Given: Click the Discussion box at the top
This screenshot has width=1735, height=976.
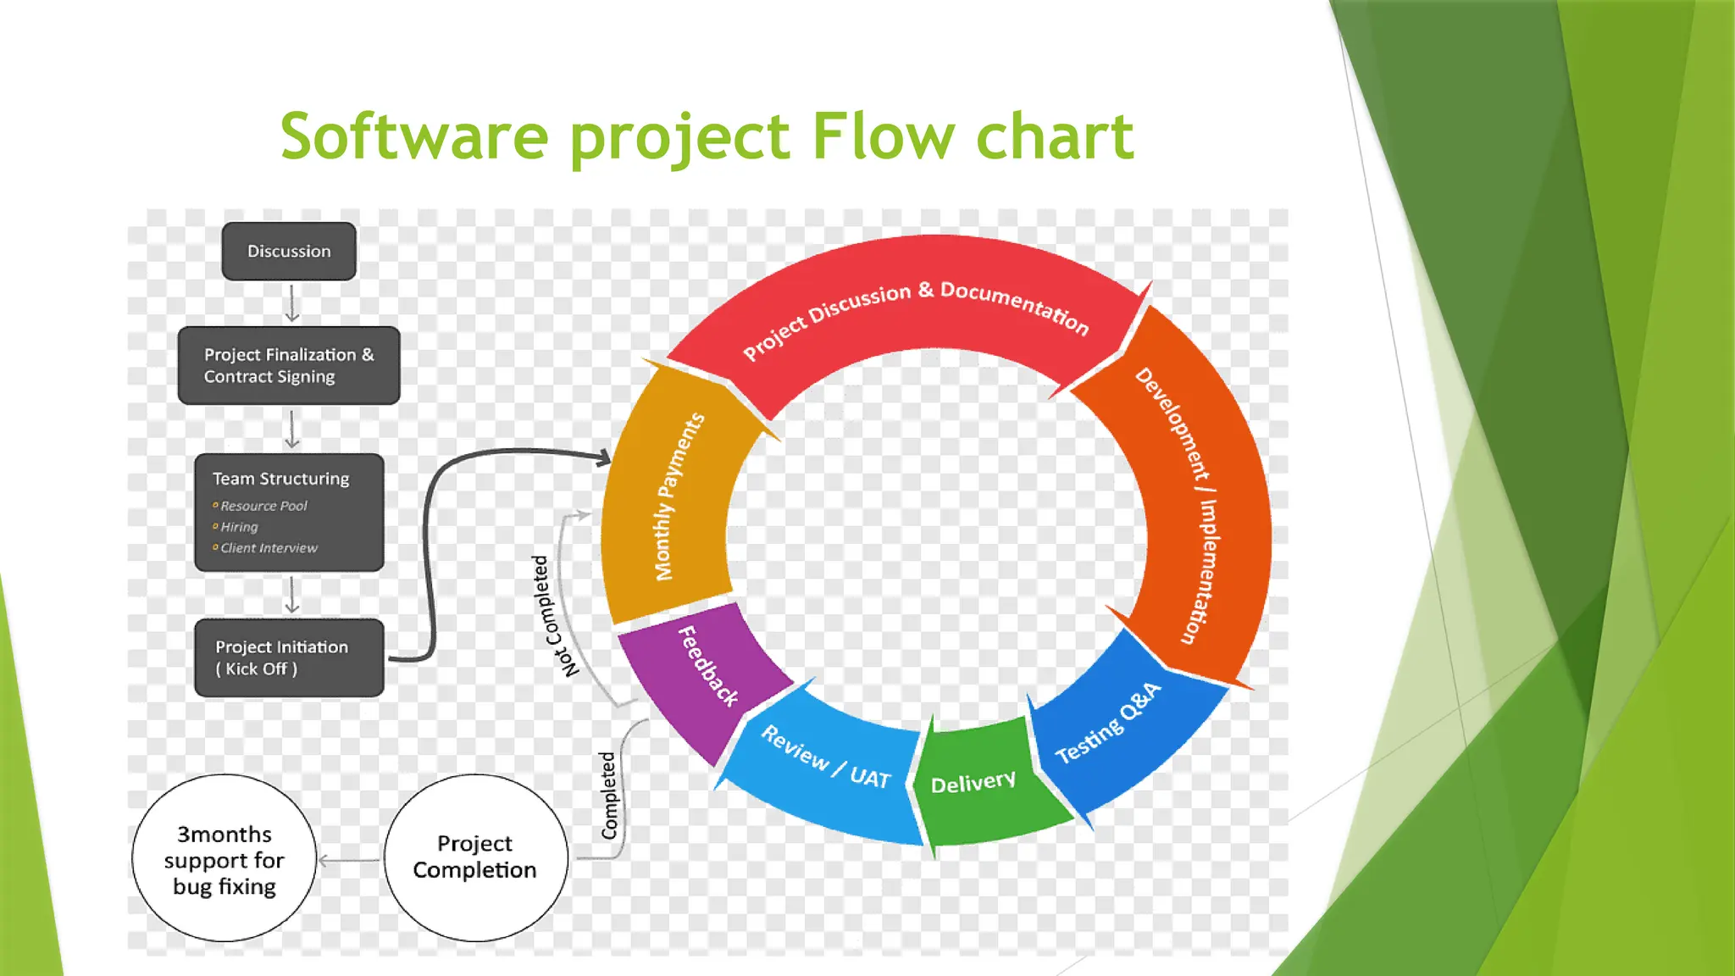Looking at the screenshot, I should pyautogui.click(x=289, y=252).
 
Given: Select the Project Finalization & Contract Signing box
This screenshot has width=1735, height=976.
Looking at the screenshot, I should pyautogui.click(x=289, y=365).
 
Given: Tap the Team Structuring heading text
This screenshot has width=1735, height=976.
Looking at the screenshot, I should pyautogui.click(x=280, y=479).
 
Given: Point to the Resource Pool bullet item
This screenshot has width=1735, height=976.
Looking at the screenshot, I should pyautogui.click(x=263, y=506).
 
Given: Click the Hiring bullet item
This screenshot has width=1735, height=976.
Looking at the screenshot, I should pyautogui.click(x=239, y=527).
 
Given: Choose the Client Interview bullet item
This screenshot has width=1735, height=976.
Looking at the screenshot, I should pyautogui.click(x=269, y=548).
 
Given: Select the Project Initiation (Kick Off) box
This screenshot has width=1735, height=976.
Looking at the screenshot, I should pyautogui.click(x=289, y=657).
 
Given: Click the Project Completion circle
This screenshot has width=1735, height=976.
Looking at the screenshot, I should pyautogui.click(x=475, y=857).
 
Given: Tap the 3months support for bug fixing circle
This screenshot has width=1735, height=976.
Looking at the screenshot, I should pyautogui.click(x=224, y=859).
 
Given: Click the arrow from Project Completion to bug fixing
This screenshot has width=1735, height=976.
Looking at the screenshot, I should pyautogui.click(x=349, y=861).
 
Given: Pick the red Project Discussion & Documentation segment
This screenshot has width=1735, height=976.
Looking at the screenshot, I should pyautogui.click(x=915, y=305).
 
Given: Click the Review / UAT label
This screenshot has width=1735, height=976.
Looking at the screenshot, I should pyautogui.click(x=826, y=758).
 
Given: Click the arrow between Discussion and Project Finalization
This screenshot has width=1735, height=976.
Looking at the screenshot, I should pyautogui.click(x=292, y=303).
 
